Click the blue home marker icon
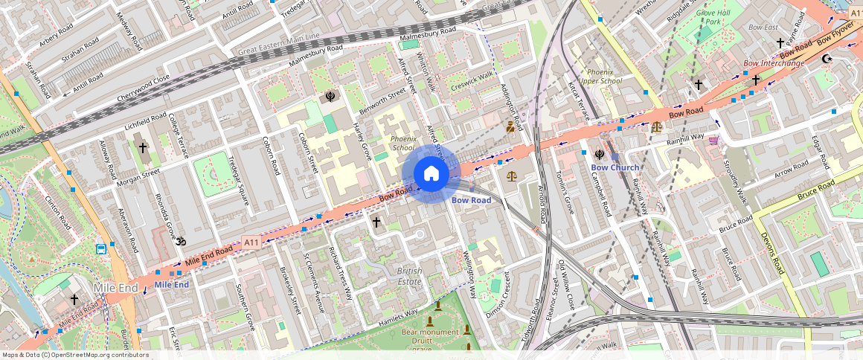(431, 174)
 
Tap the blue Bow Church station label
(615, 167)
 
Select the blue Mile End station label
(171, 285)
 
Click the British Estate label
(409, 276)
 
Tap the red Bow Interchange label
(774, 63)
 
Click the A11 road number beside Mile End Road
(251, 242)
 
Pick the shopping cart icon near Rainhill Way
(714, 140)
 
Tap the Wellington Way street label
(470, 273)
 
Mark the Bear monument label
(430, 332)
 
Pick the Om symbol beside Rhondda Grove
(179, 241)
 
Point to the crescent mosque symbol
(825, 58)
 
